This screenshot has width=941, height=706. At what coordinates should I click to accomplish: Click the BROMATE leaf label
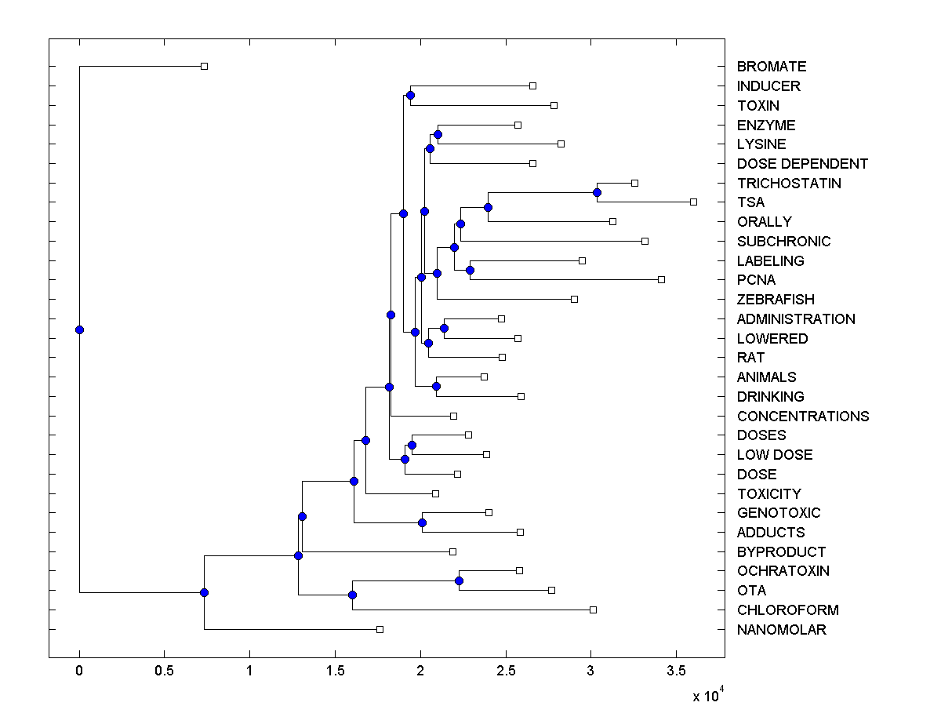(x=772, y=67)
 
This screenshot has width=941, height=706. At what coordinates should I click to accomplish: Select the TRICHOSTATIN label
(x=789, y=184)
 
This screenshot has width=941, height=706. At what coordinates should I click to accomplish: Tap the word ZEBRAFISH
(x=776, y=300)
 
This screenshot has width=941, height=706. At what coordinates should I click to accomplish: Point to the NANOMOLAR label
(x=781, y=630)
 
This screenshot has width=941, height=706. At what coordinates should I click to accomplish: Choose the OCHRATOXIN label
(x=783, y=571)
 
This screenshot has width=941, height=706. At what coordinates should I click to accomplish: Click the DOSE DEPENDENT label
(x=802, y=164)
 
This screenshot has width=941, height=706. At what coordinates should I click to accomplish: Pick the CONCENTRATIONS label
(x=803, y=417)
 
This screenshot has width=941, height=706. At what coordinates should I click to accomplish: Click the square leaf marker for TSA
(x=693, y=202)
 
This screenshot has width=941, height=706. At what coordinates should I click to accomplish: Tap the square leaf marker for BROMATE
(x=204, y=66)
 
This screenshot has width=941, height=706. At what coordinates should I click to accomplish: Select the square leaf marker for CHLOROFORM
(x=593, y=610)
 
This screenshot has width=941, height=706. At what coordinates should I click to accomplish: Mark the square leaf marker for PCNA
(x=661, y=279)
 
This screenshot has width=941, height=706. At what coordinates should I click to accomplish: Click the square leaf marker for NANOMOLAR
(x=380, y=629)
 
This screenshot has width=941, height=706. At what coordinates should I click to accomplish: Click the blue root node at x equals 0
(x=79, y=329)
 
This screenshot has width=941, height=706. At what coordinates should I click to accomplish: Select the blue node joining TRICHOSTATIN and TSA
(x=597, y=192)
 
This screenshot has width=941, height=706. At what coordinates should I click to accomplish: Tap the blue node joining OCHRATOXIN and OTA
(x=459, y=580)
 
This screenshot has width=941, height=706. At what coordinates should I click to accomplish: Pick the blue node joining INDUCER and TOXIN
(x=410, y=95)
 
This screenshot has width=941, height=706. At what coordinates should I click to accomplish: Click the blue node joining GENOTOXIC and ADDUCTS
(x=422, y=522)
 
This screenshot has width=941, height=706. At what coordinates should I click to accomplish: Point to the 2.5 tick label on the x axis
(x=506, y=671)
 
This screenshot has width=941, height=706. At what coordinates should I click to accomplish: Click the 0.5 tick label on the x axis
(x=164, y=671)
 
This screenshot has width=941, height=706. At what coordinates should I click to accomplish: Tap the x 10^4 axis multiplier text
(x=707, y=695)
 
